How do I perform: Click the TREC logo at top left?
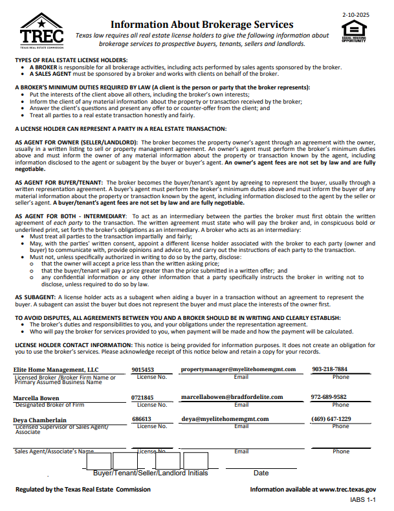(42, 31)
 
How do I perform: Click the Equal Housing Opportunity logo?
(353, 30)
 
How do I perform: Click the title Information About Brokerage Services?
(202, 24)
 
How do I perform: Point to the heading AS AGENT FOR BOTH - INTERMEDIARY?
(71, 215)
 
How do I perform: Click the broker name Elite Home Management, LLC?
(55, 369)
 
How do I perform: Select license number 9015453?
(142, 369)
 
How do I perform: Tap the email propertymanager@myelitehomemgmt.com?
(238, 369)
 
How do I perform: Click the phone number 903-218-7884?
(329, 369)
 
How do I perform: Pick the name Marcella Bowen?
(37, 398)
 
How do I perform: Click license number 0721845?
(142, 398)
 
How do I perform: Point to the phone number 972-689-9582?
(329, 397)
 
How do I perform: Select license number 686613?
(141, 419)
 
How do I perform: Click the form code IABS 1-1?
(363, 501)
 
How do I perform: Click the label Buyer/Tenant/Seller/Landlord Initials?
(151, 473)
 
